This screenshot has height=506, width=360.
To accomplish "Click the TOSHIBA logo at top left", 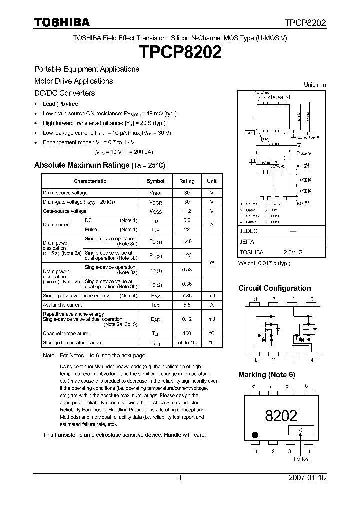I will (62, 22).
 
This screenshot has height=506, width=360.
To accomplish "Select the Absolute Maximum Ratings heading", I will (99, 165).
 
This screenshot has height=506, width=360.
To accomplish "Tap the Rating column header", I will (187, 181).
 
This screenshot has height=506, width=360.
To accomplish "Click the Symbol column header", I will (156, 181).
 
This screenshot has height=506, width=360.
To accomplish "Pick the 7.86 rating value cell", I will (187, 296).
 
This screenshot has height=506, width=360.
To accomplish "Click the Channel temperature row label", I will (66, 333).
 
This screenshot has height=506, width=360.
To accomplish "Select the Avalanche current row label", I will (62, 305).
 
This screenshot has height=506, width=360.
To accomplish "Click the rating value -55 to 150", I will (187, 343).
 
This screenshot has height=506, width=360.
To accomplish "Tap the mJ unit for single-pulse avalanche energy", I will (212, 296).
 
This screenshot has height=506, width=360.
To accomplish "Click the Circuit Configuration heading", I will (274, 288).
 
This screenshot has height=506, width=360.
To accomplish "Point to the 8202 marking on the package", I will (281, 415).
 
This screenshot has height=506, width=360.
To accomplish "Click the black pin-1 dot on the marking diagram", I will (256, 435).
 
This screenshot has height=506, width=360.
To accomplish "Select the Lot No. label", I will (302, 459).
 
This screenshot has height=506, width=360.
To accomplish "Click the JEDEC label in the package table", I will (248, 231).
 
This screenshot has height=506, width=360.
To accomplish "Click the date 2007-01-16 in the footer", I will (307, 478).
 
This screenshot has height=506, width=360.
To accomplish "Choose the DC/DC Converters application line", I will (64, 93).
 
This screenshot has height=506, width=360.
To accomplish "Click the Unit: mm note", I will (315, 85).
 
